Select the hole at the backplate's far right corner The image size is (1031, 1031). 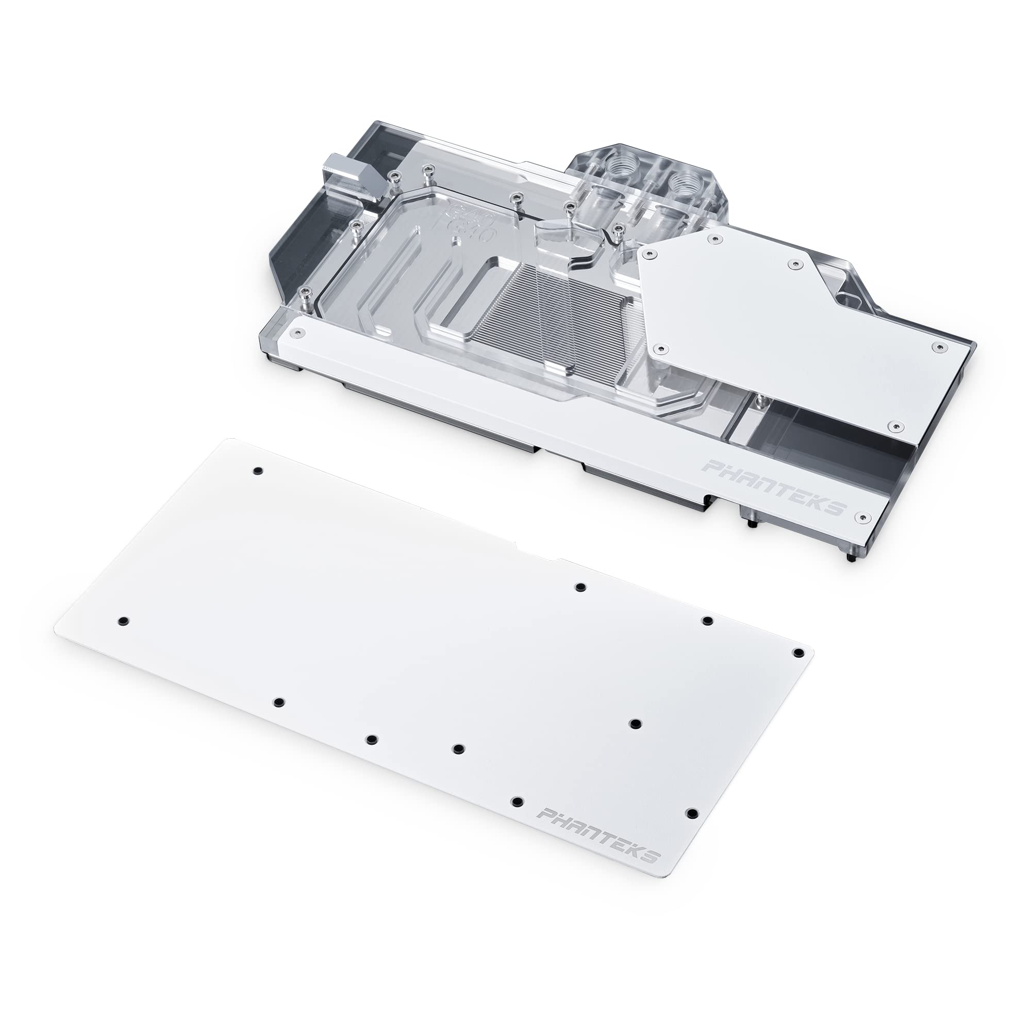(x=799, y=653)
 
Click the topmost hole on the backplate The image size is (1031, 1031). (x=258, y=471)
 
